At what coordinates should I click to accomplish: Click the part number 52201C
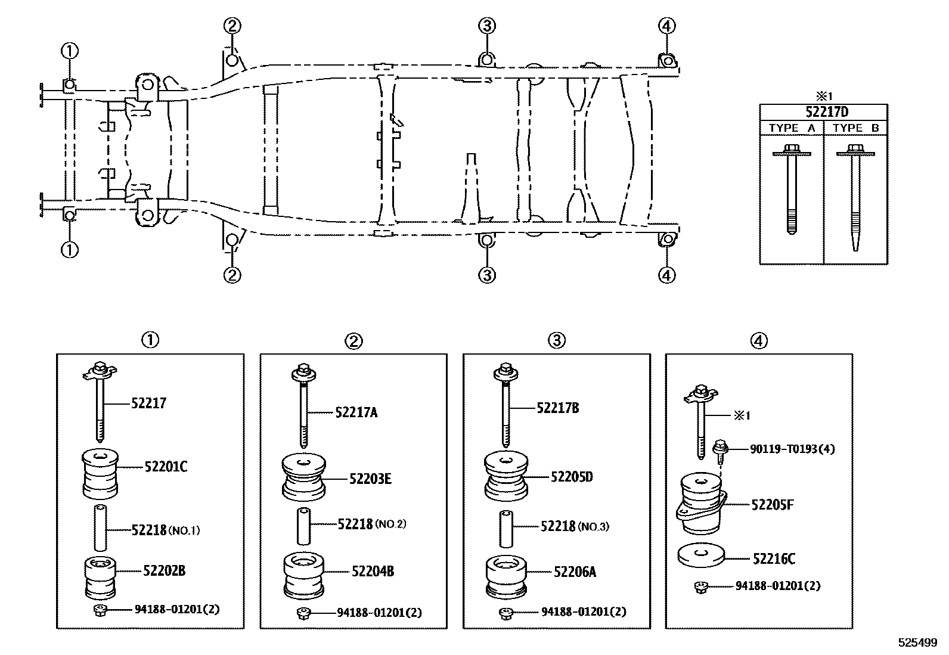165,467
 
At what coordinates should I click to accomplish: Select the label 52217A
356,412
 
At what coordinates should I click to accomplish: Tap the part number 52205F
772,505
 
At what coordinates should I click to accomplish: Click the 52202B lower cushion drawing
100,578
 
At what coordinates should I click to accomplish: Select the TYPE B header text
855,128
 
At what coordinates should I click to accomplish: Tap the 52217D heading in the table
823,112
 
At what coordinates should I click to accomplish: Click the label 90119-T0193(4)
792,449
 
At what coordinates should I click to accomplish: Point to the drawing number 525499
918,643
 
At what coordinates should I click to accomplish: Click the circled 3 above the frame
486,25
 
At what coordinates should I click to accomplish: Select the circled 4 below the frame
666,275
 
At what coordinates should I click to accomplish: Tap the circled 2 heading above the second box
353,341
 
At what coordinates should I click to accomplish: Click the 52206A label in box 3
575,572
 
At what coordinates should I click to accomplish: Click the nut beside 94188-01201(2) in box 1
99,610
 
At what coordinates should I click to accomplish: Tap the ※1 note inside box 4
741,415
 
